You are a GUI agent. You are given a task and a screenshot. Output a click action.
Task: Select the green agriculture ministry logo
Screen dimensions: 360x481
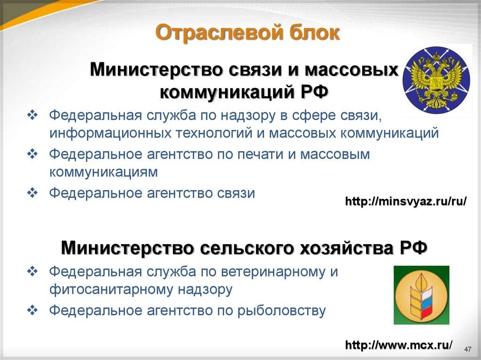click(x=421, y=295)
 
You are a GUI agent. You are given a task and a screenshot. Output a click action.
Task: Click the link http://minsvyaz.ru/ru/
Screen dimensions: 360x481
click(x=406, y=202)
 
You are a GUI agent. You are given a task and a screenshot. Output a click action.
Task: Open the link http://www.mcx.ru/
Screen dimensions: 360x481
click(x=399, y=345)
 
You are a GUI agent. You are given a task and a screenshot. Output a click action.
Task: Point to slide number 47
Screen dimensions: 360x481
click(x=467, y=349)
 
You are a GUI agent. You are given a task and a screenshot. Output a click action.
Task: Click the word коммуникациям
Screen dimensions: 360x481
click(x=103, y=172)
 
